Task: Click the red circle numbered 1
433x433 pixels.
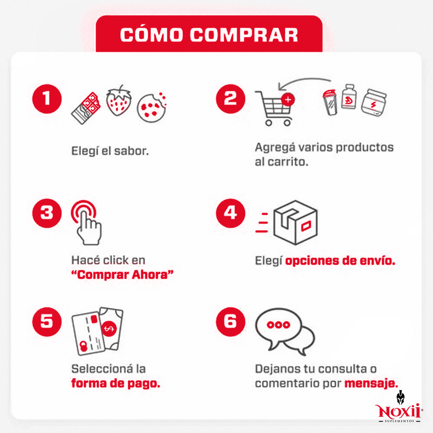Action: [47, 99]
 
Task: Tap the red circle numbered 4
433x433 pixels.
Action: [230, 213]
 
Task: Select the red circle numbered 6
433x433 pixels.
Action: [230, 322]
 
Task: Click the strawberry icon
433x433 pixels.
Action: [119, 100]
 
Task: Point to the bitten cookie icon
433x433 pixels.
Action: [152, 107]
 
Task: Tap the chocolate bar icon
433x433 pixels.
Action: [86, 108]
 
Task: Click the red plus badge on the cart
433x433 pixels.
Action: [288, 100]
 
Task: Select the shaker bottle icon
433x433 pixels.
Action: [330, 102]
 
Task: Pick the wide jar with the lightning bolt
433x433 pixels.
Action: [374, 103]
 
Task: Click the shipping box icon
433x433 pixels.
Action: [296, 222]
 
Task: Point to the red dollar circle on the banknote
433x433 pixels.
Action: [109, 329]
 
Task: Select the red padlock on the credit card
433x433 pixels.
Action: [83, 346]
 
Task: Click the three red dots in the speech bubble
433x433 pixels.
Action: [278, 325]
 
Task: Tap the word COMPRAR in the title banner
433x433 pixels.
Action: [244, 35]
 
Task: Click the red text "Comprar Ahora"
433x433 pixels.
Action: [122, 275]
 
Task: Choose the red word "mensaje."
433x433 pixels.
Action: [371, 383]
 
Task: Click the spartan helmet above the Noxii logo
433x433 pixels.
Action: [400, 398]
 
